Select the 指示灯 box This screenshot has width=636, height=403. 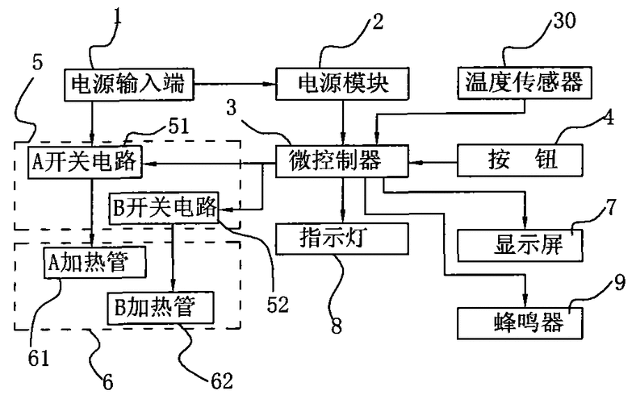342,239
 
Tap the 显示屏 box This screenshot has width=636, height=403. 520,245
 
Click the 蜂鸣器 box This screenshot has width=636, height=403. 520,322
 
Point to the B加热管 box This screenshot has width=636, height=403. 162,306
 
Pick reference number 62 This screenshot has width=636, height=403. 219,379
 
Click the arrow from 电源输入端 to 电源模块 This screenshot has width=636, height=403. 234,83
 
